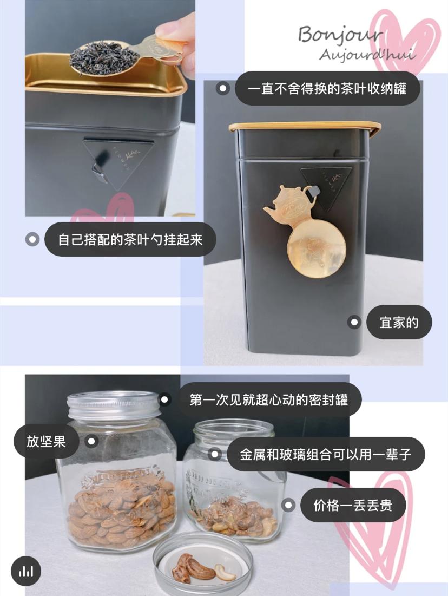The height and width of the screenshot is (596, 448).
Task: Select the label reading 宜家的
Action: pyautogui.click(x=399, y=323)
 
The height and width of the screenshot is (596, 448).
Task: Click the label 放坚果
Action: pyautogui.click(x=47, y=441)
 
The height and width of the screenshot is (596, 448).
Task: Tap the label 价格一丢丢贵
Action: pyautogui.click(x=352, y=505)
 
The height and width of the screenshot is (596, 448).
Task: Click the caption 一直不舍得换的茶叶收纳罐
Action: pyautogui.click(x=327, y=88)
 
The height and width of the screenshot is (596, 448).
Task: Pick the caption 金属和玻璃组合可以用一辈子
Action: pyautogui.click(x=326, y=454)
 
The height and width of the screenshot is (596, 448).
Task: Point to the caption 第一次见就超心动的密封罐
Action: pyautogui.click(x=268, y=400)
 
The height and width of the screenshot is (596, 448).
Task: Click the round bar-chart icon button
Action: pyautogui.click(x=26, y=571)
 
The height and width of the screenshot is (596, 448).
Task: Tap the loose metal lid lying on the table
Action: pyautogui.click(x=202, y=563)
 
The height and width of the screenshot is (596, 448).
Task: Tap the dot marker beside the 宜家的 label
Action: pyautogui.click(x=354, y=323)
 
